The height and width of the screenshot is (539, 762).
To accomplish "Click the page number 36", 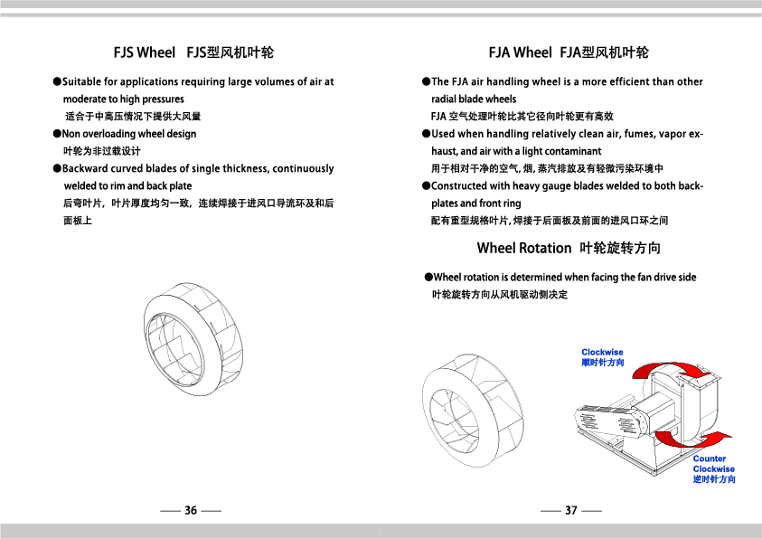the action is [191, 510].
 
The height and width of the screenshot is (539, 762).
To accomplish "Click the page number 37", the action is [571, 510].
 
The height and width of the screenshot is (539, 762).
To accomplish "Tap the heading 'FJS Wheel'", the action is [145, 52].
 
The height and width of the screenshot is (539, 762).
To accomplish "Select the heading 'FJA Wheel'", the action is [520, 52].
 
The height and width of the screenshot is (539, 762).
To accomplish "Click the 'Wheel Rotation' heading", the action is [524, 248].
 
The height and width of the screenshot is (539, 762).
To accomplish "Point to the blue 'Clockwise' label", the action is [602, 352].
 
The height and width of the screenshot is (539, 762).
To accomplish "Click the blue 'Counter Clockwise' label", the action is [713, 464].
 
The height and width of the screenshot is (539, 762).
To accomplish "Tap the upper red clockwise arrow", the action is [671, 369].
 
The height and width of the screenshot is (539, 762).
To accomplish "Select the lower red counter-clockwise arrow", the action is [692, 439].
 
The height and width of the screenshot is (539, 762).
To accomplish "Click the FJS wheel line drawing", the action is [193, 336].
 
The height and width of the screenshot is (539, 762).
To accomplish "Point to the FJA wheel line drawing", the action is [473, 411].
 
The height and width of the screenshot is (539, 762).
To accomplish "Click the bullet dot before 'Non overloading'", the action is [57, 134].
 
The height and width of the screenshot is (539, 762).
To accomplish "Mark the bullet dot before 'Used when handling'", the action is [426, 134].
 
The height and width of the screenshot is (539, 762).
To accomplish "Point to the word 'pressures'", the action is [163, 99].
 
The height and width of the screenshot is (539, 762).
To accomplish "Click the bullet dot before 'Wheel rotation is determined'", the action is [428, 277].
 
